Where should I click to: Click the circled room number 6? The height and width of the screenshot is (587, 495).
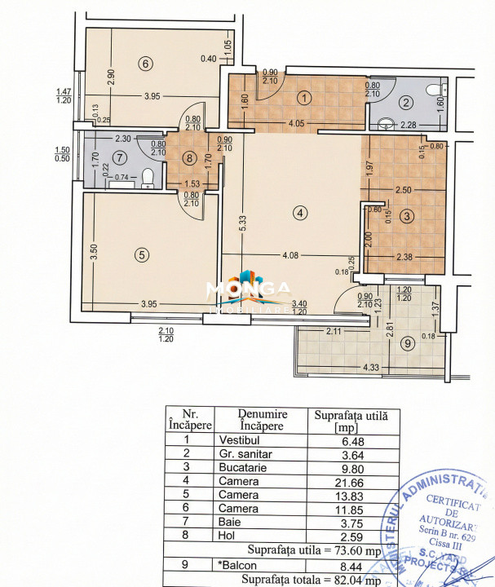tap(144, 64)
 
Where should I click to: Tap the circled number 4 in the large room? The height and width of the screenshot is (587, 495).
tap(301, 213)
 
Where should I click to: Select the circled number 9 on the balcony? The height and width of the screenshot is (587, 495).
tap(386, 343)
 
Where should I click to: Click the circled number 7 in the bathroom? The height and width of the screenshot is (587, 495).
tap(120, 157)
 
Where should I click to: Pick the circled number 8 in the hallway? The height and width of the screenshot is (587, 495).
tap(189, 158)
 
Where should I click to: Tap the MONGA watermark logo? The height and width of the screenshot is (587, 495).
tap(247, 292)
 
